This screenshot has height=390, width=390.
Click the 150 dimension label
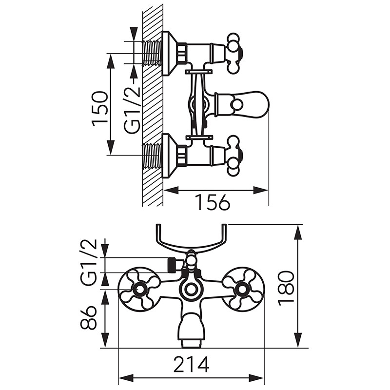pos(99,109)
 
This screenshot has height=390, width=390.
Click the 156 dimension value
pos(213,202)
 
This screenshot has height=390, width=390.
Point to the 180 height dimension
pos(286,288)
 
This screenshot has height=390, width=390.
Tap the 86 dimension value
pos(88,318)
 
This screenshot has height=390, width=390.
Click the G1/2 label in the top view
pos(132,110)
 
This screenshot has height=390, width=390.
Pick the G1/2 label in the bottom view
pos(88,262)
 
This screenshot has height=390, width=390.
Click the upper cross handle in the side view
pos(234,53)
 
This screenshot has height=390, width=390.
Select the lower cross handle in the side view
pos(234,156)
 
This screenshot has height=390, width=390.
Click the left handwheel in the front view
pos(138,290)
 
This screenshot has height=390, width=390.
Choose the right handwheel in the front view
pos(243,290)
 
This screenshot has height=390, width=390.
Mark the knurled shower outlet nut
pos(172,266)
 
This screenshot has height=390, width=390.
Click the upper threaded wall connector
pos(152,53)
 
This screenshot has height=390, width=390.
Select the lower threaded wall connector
pos(152,156)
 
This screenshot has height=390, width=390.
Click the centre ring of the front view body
pos(191,289)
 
